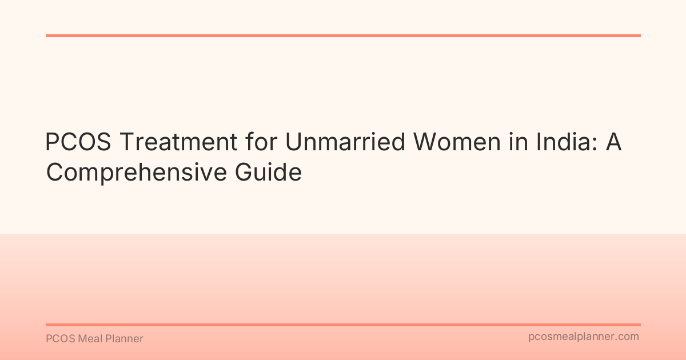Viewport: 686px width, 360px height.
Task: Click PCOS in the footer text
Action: [x=58, y=339]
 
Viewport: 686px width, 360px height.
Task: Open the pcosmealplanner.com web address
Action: [x=583, y=337]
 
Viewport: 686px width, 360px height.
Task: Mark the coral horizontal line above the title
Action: [x=343, y=35]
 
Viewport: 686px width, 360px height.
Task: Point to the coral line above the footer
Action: [x=343, y=325]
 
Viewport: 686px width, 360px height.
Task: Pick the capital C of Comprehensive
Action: [x=55, y=173]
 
